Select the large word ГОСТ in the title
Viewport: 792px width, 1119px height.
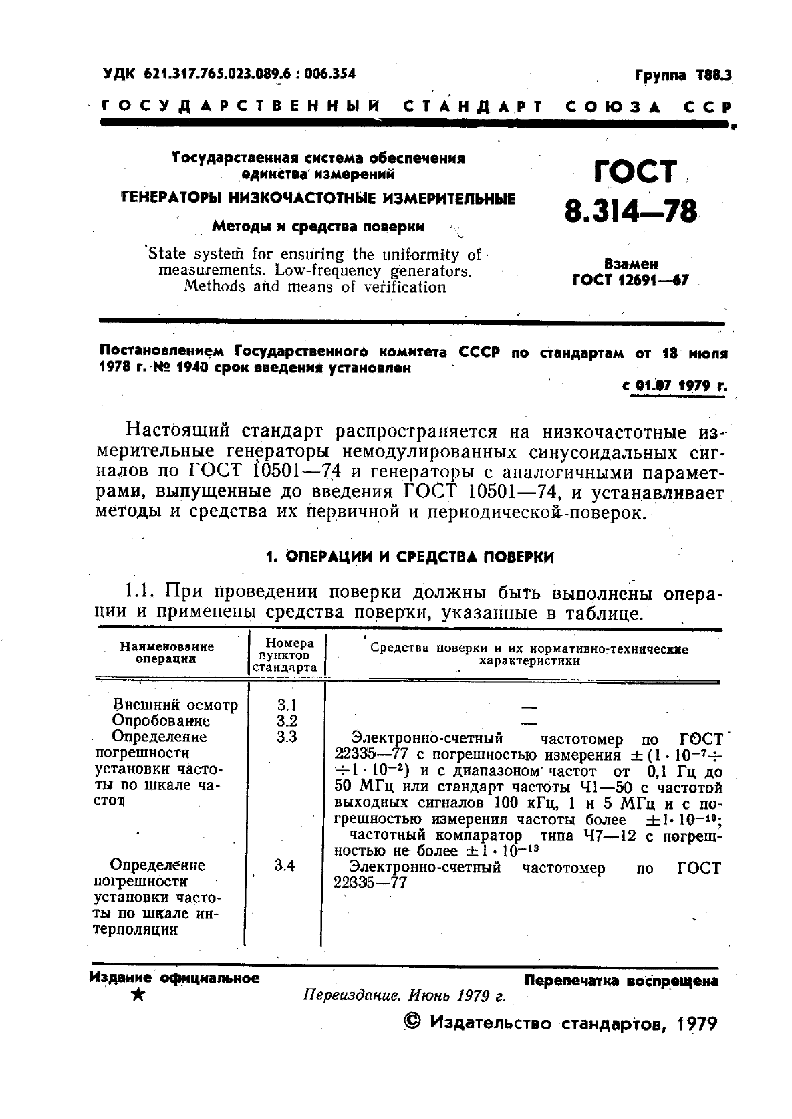(635, 172)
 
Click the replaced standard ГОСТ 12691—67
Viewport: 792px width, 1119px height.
(630, 280)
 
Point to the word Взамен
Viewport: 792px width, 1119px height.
(630, 264)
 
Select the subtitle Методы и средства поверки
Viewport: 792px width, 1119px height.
(317, 227)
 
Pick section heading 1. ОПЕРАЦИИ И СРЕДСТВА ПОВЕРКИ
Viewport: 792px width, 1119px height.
(410, 557)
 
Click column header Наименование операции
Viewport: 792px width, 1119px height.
(166, 652)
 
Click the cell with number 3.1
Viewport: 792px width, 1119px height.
(286, 705)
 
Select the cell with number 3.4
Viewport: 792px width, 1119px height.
(285, 865)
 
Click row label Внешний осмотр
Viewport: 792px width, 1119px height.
(175, 705)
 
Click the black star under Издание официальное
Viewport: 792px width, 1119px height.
(138, 995)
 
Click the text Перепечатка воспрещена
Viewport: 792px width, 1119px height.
(621, 981)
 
